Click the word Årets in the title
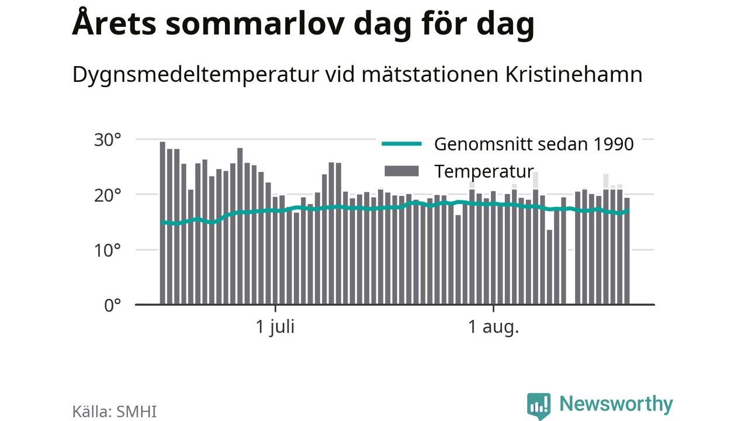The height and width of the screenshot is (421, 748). pos(114,23)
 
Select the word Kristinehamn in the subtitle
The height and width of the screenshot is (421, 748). pos(574,74)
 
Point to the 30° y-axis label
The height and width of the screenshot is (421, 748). pos(107,140)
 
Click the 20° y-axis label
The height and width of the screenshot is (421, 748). pos(107,195)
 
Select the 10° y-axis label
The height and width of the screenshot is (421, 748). pos(107,251)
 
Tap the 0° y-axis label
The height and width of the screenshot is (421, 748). pos(112,305)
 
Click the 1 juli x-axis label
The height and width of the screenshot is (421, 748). pos(275,327)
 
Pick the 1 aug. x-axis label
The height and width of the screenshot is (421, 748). pos(494,327)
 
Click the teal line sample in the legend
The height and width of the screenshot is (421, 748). pos(401,144)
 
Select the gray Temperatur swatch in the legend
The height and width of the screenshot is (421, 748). pos(401,171)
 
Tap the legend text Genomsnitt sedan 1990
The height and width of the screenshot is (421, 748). pos(534,144)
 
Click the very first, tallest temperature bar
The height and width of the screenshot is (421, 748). pos(162,223)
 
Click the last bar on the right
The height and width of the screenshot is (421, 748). pos(627,251)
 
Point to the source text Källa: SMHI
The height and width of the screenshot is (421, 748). pos(114,411)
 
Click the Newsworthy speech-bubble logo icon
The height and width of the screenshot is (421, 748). pos(539,406)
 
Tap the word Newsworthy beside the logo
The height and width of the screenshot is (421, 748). pos(616,404)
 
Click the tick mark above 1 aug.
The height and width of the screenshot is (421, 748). pos(494,308)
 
